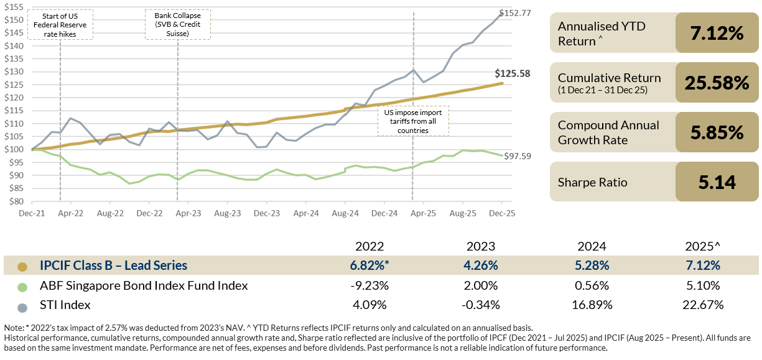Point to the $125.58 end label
point(513,73)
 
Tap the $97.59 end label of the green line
point(518,155)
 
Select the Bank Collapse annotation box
point(177,24)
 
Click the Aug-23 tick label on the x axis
point(227,213)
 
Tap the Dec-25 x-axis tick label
point(501,213)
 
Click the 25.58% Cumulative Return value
point(717,83)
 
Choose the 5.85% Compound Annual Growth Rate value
point(717,132)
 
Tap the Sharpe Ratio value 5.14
point(717,182)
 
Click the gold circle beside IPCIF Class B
point(23,266)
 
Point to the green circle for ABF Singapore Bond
point(23,286)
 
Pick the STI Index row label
point(65,305)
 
